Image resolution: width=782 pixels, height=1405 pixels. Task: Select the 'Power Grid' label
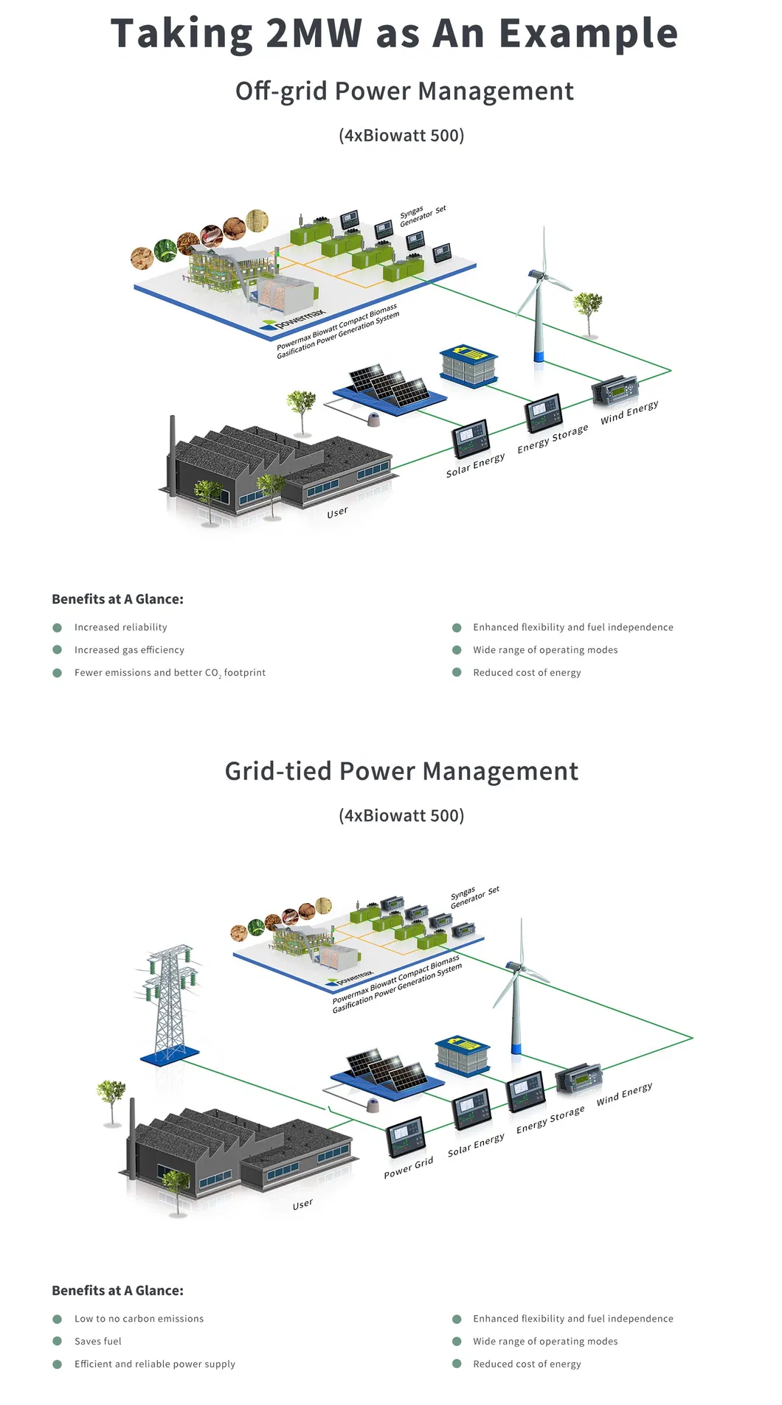(409, 1168)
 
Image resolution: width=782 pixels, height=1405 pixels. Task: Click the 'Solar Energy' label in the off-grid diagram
(476, 464)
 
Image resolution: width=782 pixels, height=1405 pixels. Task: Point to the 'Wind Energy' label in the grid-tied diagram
(624, 1093)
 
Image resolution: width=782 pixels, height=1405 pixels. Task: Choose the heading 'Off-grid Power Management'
(404, 91)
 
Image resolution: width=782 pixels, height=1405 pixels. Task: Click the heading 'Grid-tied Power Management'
(401, 771)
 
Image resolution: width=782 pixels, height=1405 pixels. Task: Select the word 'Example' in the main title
(588, 34)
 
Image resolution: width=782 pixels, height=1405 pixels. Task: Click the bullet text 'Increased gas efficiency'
(129, 650)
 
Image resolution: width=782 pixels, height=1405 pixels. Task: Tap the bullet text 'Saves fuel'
(98, 1342)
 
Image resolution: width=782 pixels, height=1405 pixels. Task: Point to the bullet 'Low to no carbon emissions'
(139, 1319)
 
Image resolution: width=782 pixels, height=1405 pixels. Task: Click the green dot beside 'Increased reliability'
(58, 627)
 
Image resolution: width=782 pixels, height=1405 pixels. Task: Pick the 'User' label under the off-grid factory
(337, 512)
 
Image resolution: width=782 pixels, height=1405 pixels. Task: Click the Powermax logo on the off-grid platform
(295, 318)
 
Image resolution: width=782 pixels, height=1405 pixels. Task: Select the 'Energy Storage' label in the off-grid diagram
(553, 439)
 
